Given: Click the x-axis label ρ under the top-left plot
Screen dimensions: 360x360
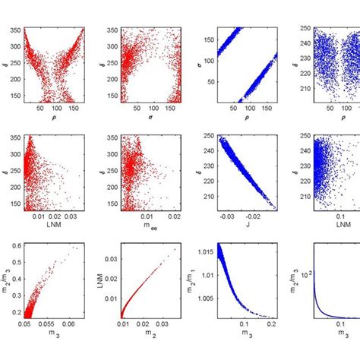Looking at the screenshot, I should [54, 118].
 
